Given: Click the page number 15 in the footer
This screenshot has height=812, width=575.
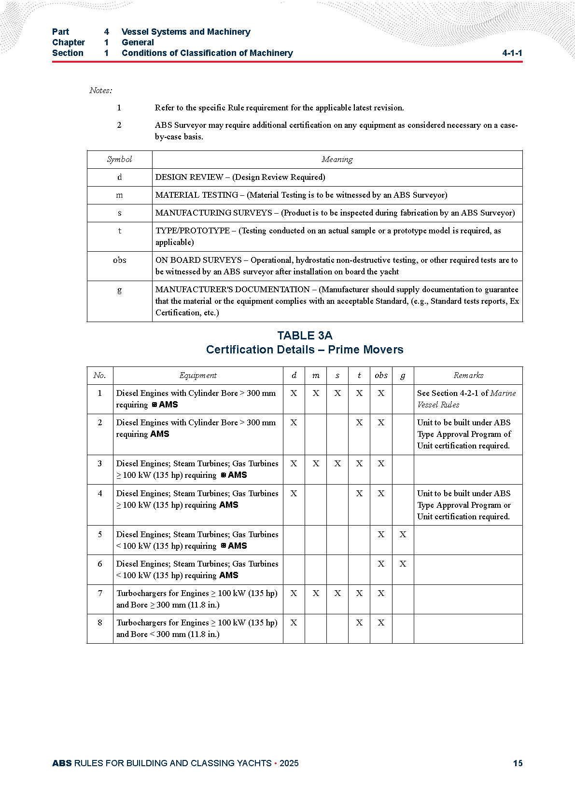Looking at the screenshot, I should [518, 763].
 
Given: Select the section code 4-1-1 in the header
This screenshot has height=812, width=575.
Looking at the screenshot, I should [512, 53].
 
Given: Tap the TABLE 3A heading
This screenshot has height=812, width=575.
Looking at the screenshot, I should [305, 336].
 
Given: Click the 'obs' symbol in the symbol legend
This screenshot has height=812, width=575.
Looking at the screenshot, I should [119, 260].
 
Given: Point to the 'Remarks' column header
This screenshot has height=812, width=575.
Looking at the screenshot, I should [468, 376].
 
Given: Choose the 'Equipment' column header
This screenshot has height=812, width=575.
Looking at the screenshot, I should [198, 376].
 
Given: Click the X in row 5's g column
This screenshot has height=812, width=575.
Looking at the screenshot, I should [403, 535].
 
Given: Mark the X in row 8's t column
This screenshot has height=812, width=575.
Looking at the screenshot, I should [359, 623].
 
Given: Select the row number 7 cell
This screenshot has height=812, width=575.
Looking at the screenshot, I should [100, 594].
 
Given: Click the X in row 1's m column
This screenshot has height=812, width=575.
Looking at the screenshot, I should [316, 393].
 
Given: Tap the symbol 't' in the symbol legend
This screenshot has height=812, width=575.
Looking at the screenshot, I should [119, 231].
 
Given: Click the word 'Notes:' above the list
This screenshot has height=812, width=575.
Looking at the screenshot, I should [100, 91].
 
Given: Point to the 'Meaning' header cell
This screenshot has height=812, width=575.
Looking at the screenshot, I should [337, 160].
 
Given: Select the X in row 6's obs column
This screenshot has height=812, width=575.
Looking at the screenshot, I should [381, 564].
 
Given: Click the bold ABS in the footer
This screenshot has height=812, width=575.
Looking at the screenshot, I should [62, 763].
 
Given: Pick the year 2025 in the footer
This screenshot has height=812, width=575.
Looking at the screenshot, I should [289, 763].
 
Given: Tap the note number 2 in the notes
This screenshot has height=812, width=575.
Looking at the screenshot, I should [119, 125].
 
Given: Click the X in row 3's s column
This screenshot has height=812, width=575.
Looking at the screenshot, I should [337, 464].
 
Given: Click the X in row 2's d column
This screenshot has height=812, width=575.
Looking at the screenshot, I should [294, 423].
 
